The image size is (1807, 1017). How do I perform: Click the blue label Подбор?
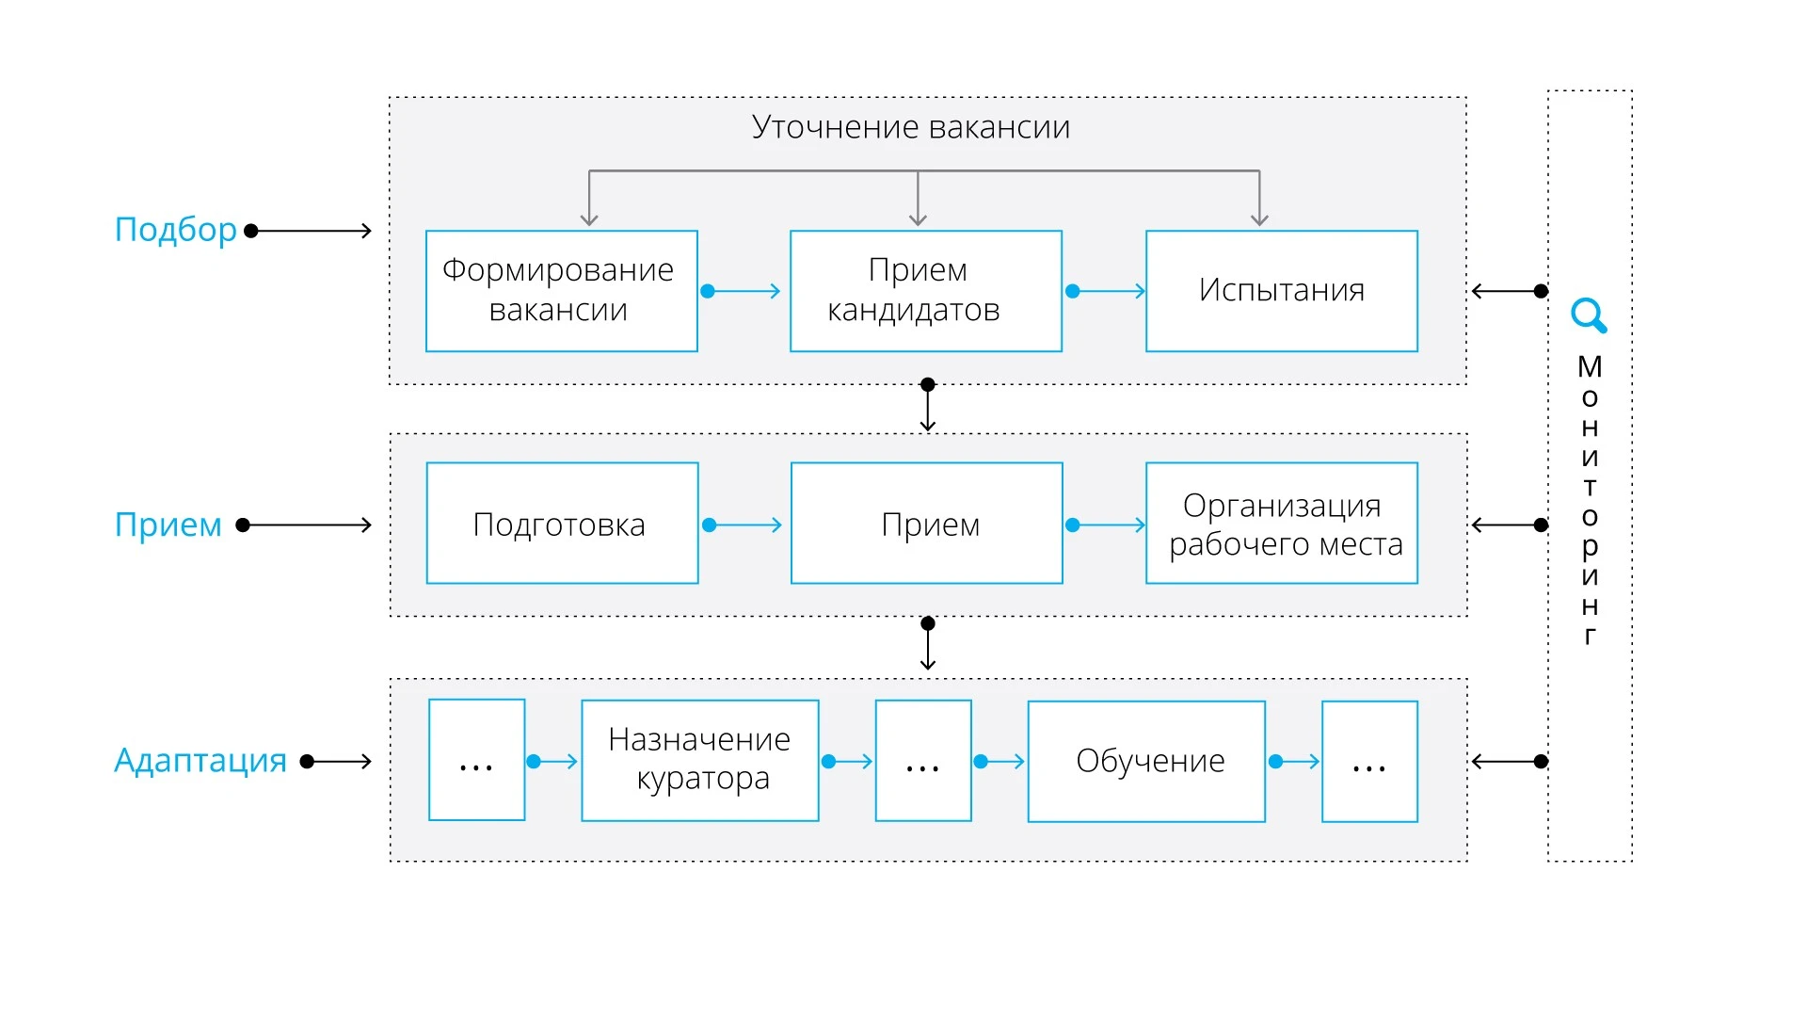pos(175,230)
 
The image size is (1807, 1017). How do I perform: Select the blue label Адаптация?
pos(200,760)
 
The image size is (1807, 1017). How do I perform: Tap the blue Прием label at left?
pos(168,525)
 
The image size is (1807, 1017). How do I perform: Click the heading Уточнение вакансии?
pos(910,127)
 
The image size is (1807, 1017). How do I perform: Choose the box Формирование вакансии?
pos(561,291)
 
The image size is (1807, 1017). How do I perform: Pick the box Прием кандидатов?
pos(925,291)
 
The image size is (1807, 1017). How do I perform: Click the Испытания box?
pos(1281,291)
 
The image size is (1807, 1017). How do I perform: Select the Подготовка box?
pos(562,524)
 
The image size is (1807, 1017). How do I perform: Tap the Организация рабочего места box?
pos(1281,524)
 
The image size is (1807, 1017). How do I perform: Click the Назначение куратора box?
pos(699,760)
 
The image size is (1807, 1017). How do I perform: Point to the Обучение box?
pos(1145,761)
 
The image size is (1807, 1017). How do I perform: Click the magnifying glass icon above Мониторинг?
pos(1588,315)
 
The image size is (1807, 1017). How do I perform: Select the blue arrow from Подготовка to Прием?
pos(744,525)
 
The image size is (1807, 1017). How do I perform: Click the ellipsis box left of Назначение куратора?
pos(476,760)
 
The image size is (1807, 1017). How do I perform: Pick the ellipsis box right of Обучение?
pos(1368,761)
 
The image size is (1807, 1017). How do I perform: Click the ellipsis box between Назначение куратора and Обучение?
pos(922,761)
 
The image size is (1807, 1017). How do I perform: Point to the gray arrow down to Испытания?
pos(1259,200)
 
